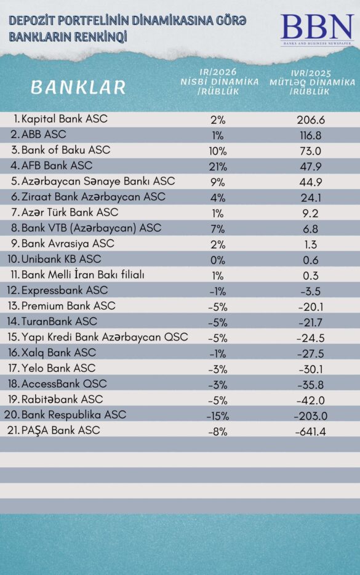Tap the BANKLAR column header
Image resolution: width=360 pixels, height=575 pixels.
click(78, 87)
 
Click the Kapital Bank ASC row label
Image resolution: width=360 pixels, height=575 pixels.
click(64, 119)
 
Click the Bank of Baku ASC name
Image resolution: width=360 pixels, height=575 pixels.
click(65, 150)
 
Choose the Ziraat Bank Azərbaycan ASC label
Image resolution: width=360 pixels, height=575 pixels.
click(93, 197)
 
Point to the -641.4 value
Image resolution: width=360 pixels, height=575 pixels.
click(310, 432)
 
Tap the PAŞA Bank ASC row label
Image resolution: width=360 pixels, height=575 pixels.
click(60, 430)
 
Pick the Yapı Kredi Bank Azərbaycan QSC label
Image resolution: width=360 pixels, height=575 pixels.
click(104, 337)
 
